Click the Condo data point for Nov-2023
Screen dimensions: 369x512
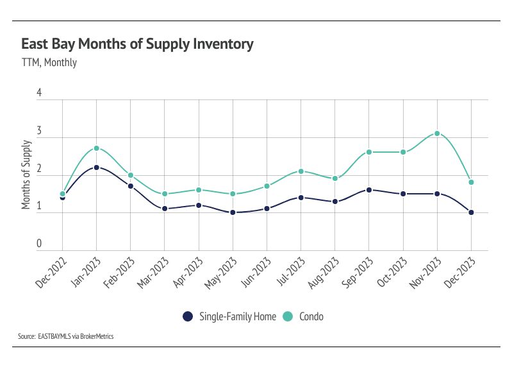point(437,133)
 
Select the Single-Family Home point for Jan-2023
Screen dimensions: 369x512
point(96,167)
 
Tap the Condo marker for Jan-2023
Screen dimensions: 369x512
point(96,148)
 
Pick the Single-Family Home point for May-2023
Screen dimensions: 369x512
point(233,212)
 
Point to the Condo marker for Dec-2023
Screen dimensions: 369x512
point(471,182)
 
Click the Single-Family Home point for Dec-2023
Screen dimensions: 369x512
point(471,212)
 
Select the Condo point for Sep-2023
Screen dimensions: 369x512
point(369,152)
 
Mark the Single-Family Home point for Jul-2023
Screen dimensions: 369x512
point(301,198)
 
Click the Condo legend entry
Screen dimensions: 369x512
point(305,316)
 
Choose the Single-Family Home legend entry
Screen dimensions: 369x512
point(230,316)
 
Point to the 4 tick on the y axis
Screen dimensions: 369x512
point(39,93)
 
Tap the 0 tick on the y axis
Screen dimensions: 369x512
point(39,244)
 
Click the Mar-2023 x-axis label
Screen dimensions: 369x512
point(153,272)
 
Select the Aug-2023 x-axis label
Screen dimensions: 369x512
point(323,272)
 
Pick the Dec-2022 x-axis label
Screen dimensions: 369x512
point(51,272)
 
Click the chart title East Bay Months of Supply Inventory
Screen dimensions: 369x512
point(137,44)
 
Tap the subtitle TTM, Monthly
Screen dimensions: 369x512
point(49,62)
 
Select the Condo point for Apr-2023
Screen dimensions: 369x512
point(199,190)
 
